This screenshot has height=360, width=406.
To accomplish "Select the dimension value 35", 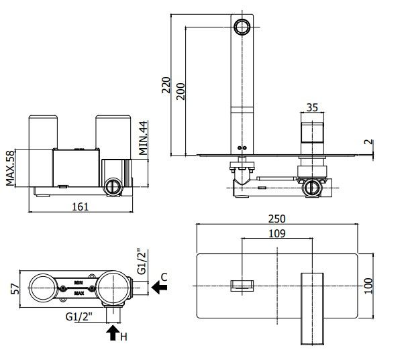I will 311,107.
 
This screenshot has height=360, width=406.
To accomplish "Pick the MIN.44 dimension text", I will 143,137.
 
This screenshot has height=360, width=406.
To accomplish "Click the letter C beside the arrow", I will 164,276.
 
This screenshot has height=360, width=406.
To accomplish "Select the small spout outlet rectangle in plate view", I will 241,285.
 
